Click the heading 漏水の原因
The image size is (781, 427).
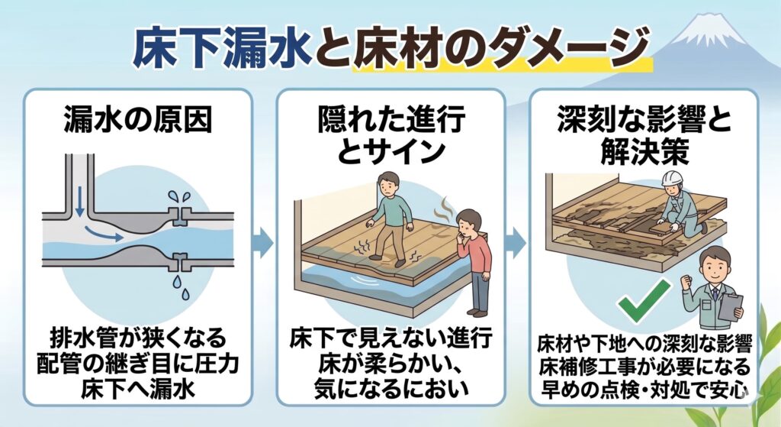pos(138,120)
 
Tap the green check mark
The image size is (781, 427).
pos(644,300)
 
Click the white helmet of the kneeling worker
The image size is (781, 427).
pos(671,178)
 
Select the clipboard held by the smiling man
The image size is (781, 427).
pos(731,307)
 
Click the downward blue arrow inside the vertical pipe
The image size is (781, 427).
pos(79,203)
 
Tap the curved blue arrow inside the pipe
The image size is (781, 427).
pos(103,233)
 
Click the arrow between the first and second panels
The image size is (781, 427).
pos(264,244)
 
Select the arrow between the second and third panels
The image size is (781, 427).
pos(516,244)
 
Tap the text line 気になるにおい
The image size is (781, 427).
pos(391,388)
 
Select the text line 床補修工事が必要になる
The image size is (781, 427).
pos(644,366)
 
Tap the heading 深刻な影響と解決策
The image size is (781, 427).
pos(644,135)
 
